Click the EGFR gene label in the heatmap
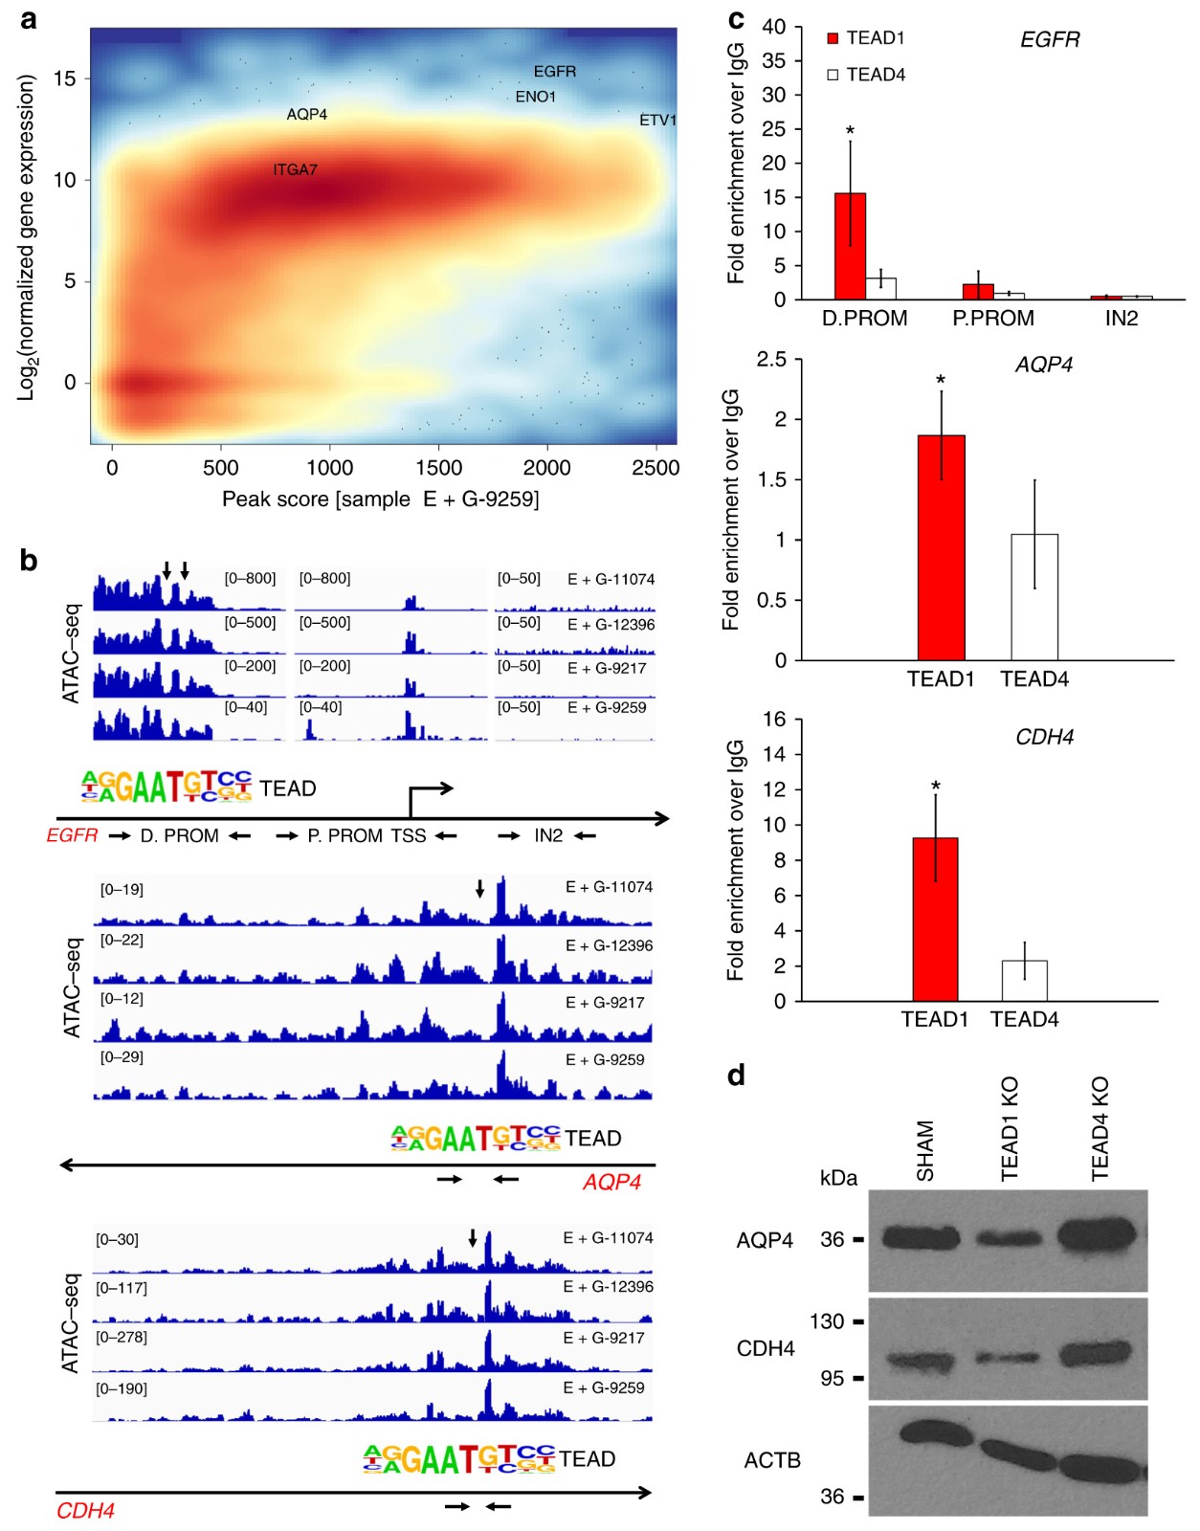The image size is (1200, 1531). pos(555,72)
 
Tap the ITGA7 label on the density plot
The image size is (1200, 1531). pos(295,170)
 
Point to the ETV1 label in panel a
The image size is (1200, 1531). pos(657,121)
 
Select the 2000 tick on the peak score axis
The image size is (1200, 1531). pos(546,468)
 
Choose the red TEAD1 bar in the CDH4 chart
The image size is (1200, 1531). pos(935,919)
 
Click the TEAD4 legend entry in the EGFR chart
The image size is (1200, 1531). pos(866,75)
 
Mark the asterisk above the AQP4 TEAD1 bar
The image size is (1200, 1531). pos(941,382)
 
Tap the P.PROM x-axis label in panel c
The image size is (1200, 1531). pos(992,319)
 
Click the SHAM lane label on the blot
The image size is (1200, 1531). pos(925,1150)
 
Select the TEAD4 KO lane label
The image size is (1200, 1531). pos(1100,1129)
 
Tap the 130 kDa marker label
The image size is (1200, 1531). pos(827,1321)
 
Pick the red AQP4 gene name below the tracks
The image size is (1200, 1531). pos(611,1183)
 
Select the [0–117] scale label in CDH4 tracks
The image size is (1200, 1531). pos(122,1288)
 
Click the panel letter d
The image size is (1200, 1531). pos(736,1076)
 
